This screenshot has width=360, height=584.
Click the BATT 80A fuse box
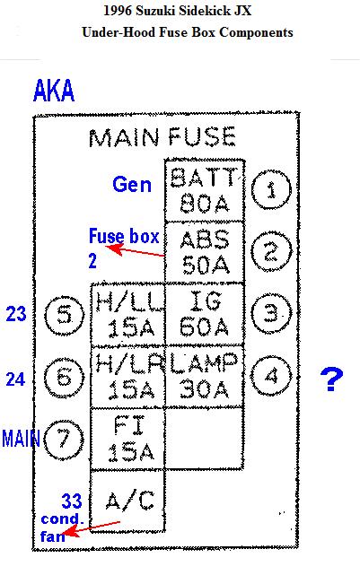[x=205, y=190]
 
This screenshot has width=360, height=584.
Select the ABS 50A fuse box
[x=205, y=252]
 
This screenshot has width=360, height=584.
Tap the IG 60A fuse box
[x=205, y=314]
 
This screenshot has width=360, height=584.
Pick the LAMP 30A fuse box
[x=205, y=377]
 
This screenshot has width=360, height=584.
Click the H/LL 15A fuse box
[x=127, y=314]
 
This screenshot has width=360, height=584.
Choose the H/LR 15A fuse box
[x=127, y=377]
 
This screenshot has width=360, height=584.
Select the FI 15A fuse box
[x=127, y=439]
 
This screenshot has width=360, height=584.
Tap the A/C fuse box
[x=127, y=501]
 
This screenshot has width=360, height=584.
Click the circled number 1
[x=271, y=190]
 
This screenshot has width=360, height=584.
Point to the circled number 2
[x=271, y=251]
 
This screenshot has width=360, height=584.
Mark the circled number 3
[x=271, y=313]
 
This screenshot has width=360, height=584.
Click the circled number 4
[x=271, y=376]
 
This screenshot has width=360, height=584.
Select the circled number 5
[x=64, y=316]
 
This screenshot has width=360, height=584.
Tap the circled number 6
[x=64, y=377]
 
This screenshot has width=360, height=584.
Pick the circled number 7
[x=64, y=439]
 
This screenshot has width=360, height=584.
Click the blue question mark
[x=331, y=379]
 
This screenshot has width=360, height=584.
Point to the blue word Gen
[x=132, y=185]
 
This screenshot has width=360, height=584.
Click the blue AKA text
[x=54, y=91]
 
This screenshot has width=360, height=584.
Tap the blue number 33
[x=72, y=501]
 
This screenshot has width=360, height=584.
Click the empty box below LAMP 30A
[x=205, y=438]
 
